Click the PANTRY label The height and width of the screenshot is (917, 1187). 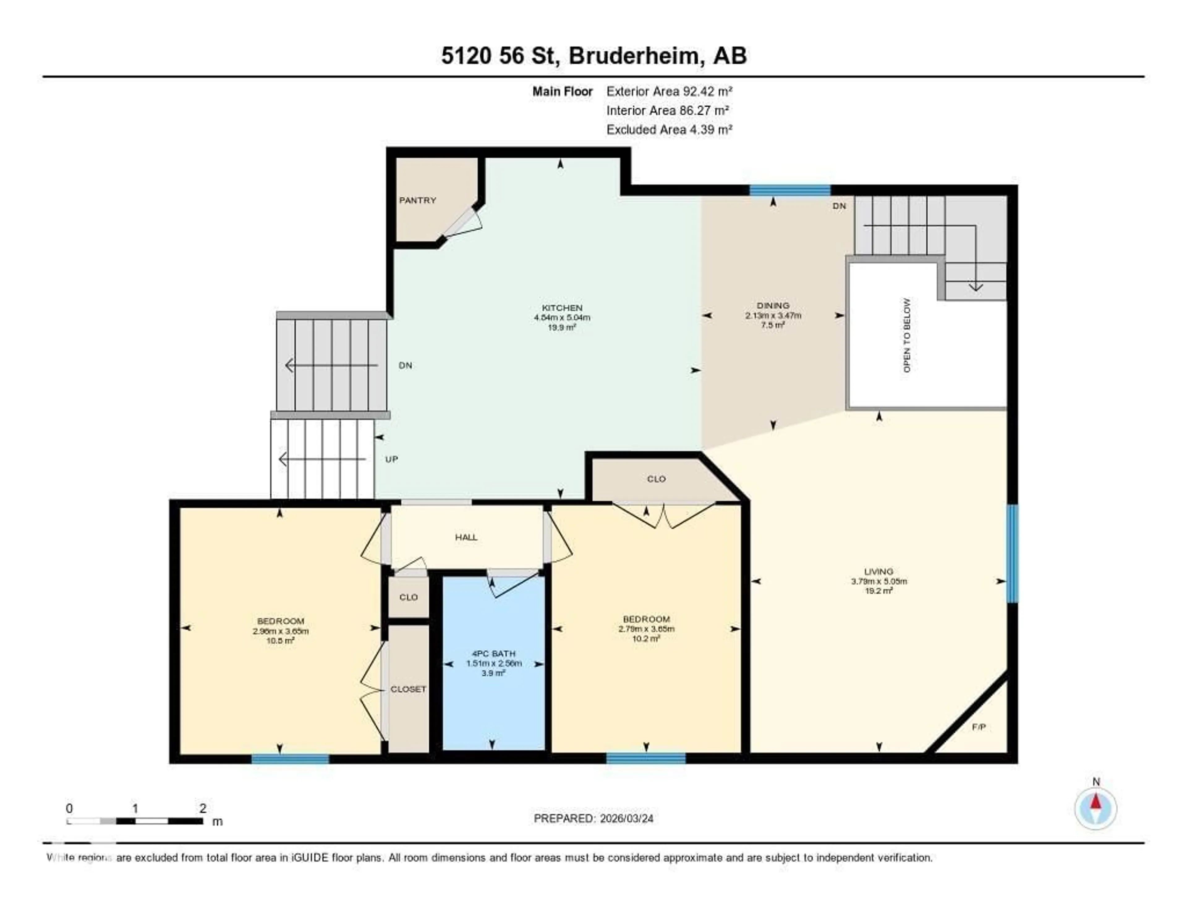click(x=417, y=200)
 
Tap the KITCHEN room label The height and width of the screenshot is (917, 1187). click(x=562, y=308)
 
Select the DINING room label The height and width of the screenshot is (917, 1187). click(x=773, y=305)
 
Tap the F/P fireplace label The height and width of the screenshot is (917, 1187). click(x=978, y=726)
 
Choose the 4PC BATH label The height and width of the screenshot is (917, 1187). click(x=493, y=653)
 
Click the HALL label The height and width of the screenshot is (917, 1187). click(x=466, y=537)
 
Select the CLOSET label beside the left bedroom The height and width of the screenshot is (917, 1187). click(x=408, y=689)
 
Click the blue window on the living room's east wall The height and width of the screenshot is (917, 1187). click(x=1012, y=553)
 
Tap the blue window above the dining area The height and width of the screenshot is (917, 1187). click(x=790, y=190)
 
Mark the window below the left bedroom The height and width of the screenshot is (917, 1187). click(x=290, y=759)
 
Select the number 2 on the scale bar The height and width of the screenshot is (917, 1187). click(x=203, y=808)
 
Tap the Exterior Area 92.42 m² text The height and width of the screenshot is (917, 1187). click(x=669, y=91)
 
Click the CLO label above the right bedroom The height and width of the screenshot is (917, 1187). click(x=656, y=479)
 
